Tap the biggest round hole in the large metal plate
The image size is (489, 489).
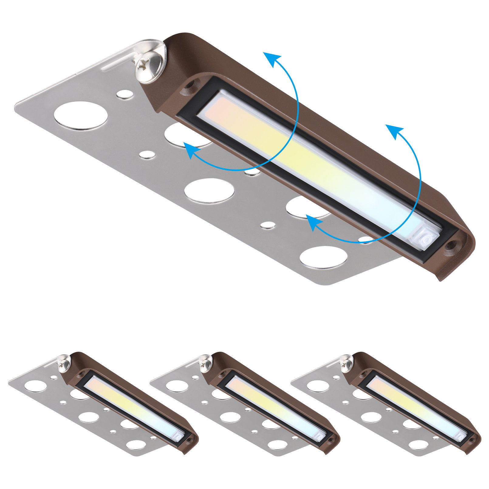coord(80,116)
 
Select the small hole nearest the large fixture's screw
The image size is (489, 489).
coord(125,94)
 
